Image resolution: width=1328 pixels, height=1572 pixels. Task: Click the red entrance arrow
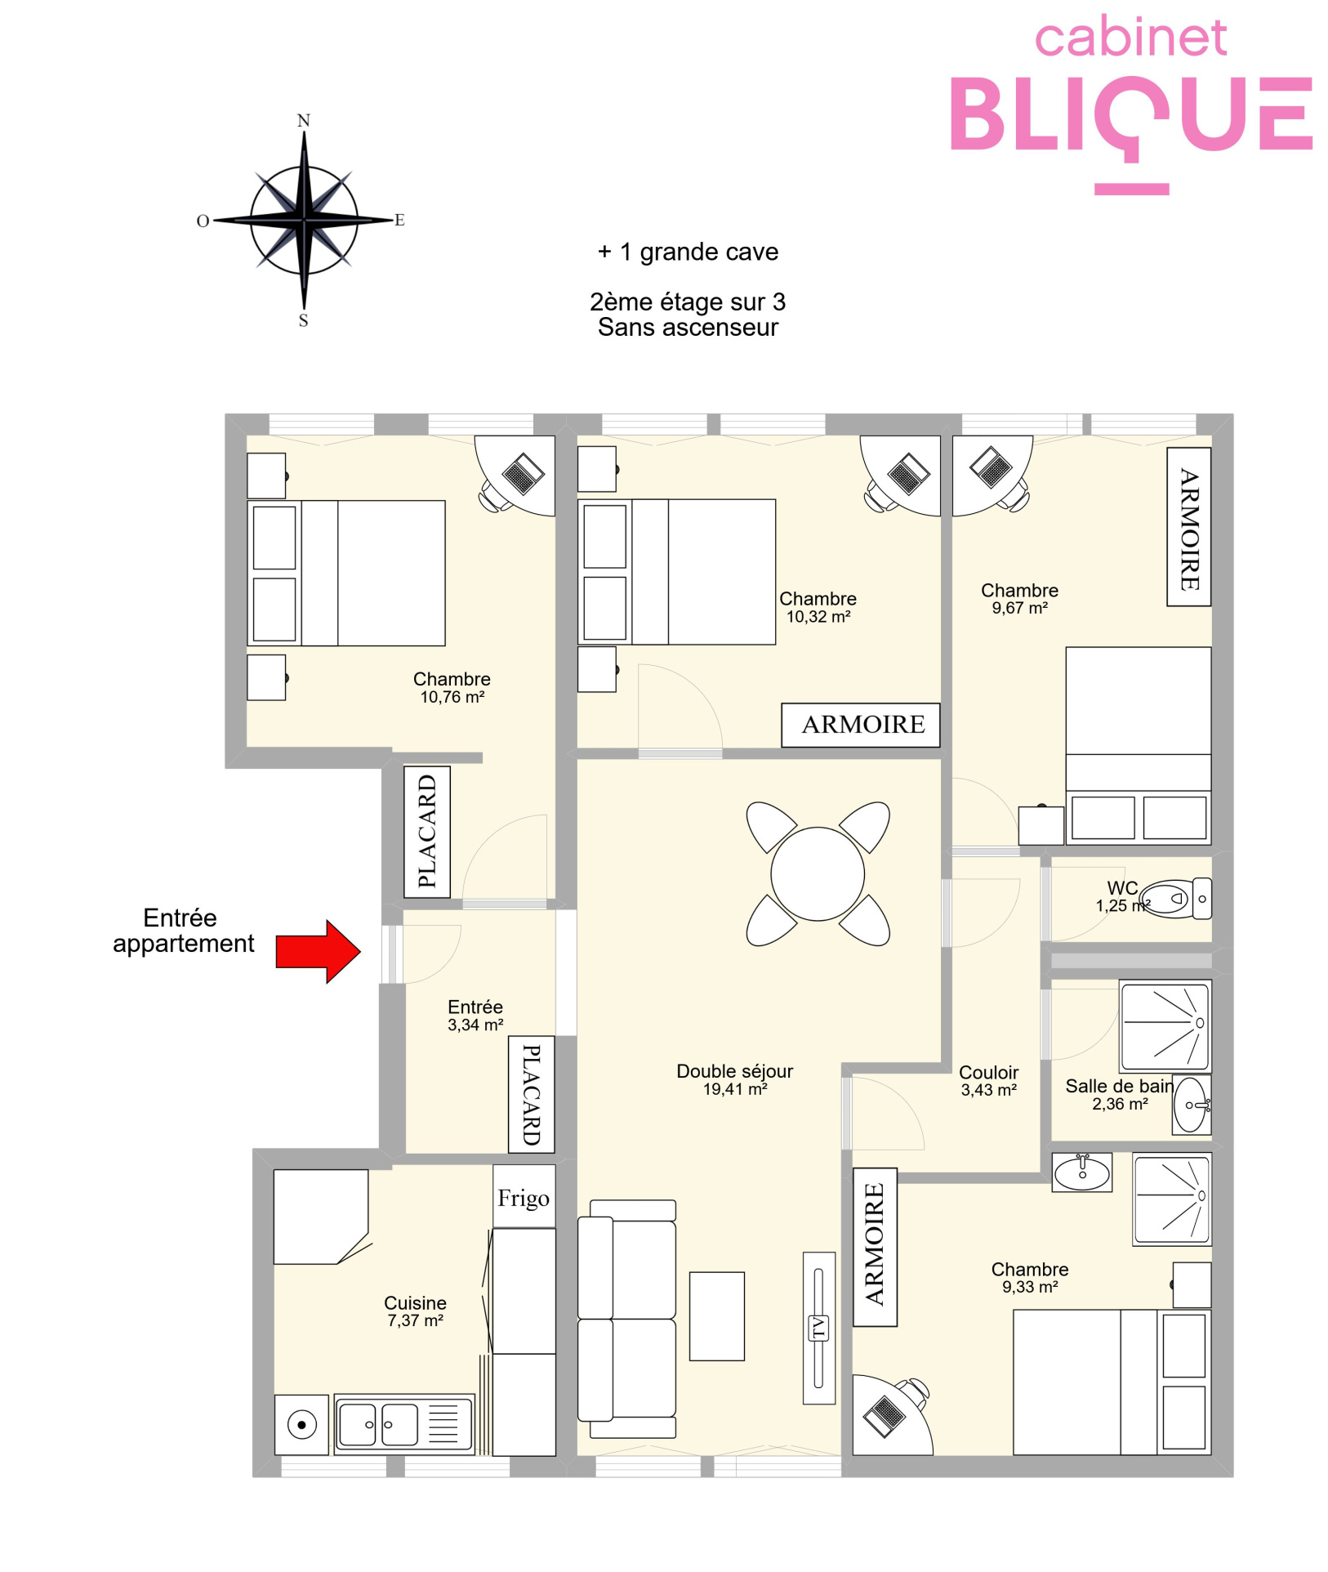318,951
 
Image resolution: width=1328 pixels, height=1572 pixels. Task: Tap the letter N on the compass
304,121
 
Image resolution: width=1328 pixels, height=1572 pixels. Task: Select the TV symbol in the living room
818,1328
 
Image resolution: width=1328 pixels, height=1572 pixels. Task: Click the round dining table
818,873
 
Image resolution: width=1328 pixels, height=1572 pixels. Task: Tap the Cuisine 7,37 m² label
415,1311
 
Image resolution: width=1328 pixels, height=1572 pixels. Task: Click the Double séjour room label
734,1079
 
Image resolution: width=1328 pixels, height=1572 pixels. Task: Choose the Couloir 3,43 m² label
988,1080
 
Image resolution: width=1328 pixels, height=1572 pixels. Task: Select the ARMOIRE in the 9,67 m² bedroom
1188,527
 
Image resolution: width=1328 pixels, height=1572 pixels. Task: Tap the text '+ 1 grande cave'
688,252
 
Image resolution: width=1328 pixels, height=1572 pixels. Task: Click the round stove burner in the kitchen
301,1425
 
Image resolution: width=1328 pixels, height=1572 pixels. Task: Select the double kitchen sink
404,1424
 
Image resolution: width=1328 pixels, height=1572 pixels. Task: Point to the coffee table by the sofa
716,1315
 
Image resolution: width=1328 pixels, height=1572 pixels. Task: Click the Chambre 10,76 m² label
452,687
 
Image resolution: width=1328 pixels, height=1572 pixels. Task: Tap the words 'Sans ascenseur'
688,328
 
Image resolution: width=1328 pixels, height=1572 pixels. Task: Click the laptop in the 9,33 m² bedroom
883,1415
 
